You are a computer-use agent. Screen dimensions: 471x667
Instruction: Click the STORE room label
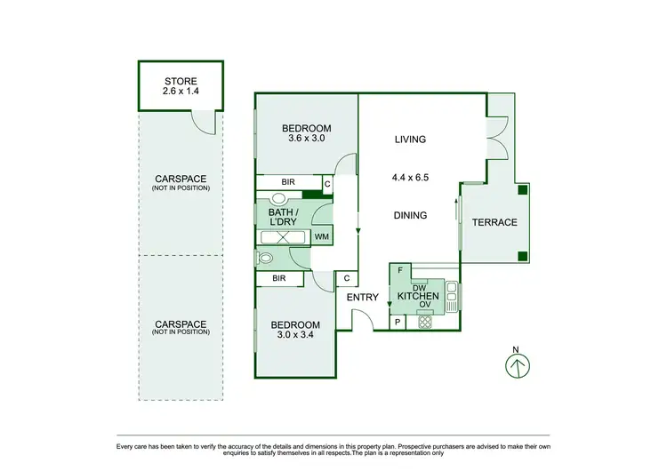[181, 80]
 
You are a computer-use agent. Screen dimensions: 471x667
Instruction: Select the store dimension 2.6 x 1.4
[181, 91]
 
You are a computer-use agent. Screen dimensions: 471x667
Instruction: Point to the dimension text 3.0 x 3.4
[295, 335]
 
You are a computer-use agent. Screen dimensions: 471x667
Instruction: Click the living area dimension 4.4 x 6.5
[410, 177]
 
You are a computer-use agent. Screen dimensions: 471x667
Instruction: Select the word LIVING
[410, 140]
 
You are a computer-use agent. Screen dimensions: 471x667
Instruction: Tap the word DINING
[410, 215]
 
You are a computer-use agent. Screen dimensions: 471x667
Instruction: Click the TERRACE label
[494, 222]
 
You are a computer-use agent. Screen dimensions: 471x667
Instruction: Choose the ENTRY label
[362, 298]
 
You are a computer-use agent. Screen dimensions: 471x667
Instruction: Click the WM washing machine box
[321, 236]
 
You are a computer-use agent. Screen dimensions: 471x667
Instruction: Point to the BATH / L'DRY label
[282, 216]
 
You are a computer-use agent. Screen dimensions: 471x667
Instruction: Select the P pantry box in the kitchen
[398, 323]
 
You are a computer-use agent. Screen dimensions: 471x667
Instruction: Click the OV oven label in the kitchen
[424, 305]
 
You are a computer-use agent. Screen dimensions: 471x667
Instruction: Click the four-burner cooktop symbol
[424, 323]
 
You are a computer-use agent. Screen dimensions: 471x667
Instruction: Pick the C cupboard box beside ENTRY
[346, 278]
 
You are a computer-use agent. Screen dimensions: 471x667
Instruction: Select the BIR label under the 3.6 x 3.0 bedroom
[287, 182]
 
